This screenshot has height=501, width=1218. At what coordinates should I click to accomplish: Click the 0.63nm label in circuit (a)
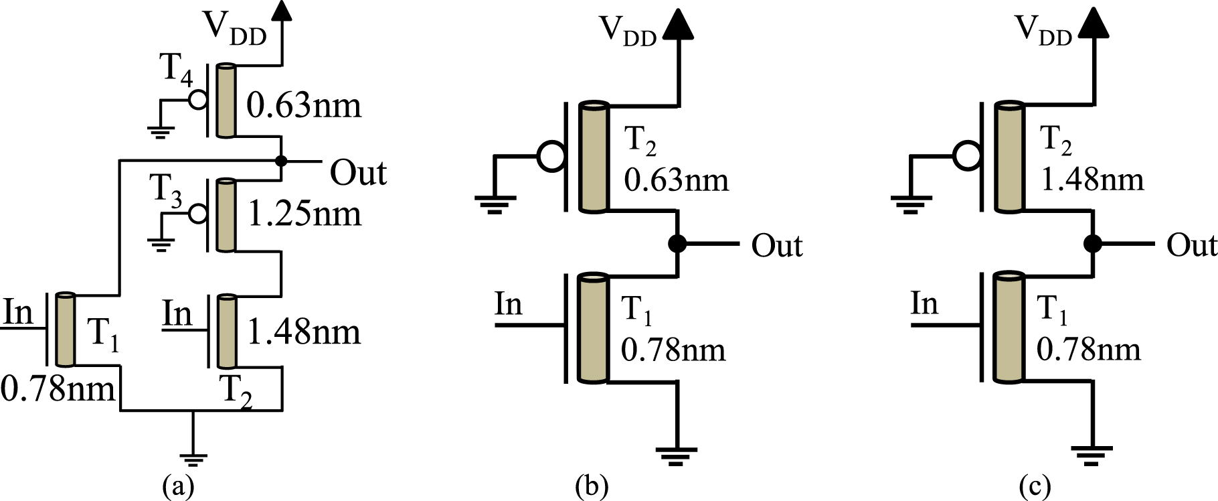click(304, 106)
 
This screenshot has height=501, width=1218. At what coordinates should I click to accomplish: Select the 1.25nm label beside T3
click(304, 214)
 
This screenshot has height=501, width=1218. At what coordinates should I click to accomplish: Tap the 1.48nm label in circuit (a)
click(304, 332)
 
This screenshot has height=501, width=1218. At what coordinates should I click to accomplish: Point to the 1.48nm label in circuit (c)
click(1092, 180)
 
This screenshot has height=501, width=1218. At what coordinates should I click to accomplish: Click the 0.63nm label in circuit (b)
click(676, 180)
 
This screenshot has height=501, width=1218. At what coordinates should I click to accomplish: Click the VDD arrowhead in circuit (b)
click(679, 25)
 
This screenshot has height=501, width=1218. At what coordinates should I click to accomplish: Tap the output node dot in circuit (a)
click(282, 161)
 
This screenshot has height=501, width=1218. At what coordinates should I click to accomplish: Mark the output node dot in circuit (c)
click(1094, 244)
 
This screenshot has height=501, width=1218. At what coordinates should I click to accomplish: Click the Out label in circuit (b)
click(776, 246)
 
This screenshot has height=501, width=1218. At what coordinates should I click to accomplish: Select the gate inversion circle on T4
click(197, 100)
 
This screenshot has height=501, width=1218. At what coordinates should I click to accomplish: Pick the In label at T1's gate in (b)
click(508, 305)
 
